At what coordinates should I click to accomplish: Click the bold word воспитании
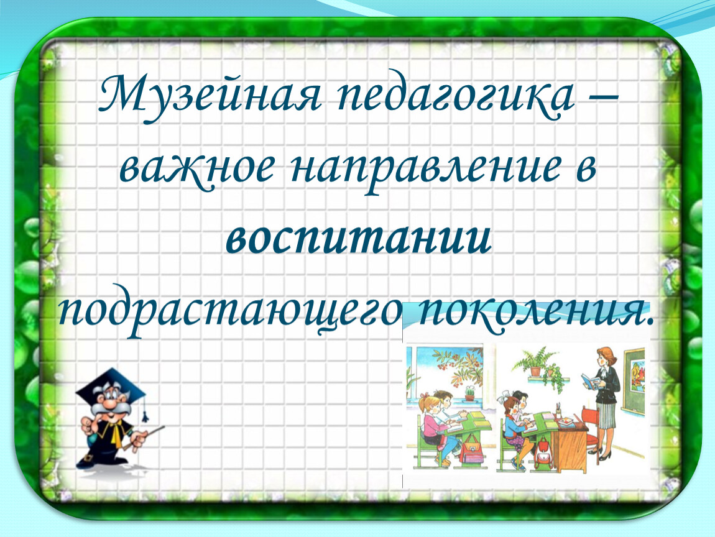click(359, 239)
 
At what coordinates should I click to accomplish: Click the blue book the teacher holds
click(591, 381)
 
